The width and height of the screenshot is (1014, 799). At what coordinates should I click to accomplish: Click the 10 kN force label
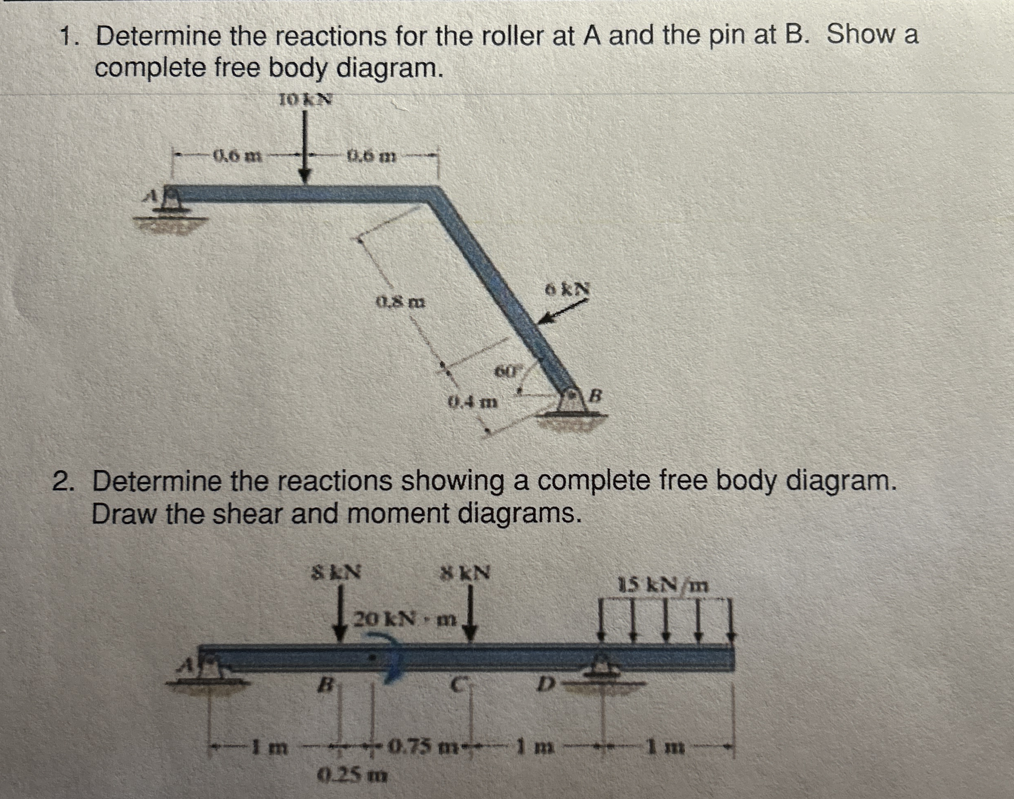coord(306,99)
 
